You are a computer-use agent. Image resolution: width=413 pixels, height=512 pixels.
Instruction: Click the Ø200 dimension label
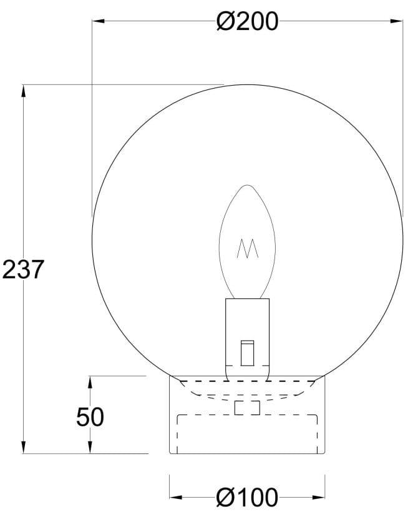[246, 22]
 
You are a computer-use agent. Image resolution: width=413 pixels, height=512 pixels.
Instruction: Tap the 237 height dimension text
[23, 269]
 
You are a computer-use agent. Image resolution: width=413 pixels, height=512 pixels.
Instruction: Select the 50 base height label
[90, 416]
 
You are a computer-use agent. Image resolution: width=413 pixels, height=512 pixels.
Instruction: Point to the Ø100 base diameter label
[247, 498]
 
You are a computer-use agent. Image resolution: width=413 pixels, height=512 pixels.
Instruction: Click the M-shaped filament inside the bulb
[248, 249]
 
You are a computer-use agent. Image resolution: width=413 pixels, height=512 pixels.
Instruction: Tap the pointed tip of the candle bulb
[248, 185]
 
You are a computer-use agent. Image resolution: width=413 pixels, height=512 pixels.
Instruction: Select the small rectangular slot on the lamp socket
[248, 352]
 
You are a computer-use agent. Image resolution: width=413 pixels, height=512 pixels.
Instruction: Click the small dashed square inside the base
[247, 408]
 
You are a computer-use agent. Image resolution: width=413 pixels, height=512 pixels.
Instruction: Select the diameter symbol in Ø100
[225, 498]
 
